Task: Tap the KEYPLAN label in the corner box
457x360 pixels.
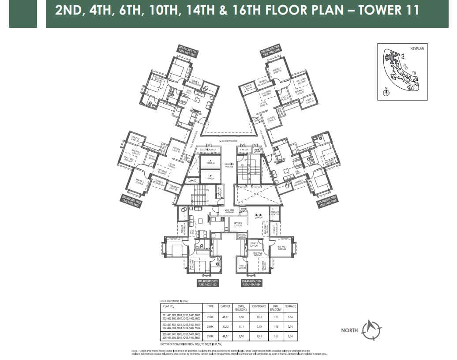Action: tap(416, 49)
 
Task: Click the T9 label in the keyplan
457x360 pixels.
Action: tap(414, 72)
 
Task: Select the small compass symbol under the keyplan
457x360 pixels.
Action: tap(386, 93)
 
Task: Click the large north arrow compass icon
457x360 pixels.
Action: tap(371, 330)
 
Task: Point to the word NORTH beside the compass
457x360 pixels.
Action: tap(349, 330)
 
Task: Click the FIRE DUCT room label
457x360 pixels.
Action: tap(246, 150)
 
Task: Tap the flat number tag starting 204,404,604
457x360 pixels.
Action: tap(252, 283)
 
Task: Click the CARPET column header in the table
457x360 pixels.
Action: tap(225, 306)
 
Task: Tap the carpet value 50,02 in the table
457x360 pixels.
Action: tap(225, 327)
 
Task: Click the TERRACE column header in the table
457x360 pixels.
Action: tap(290, 306)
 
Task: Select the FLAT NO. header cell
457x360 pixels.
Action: tap(169, 306)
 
